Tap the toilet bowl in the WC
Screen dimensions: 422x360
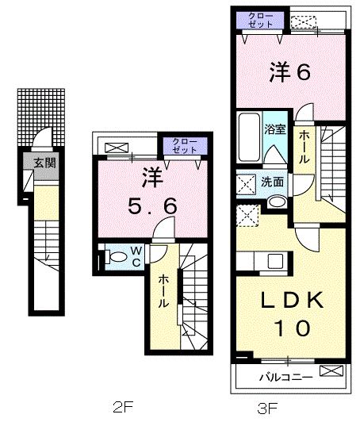[115, 256]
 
